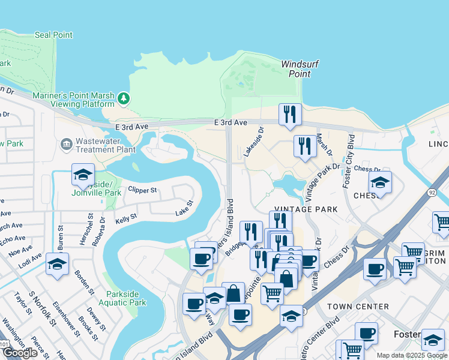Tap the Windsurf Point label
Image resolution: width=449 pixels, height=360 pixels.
point(296,68)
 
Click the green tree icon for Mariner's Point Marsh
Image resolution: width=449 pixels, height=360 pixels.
point(124,97)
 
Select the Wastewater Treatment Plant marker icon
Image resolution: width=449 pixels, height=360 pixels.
point(66,144)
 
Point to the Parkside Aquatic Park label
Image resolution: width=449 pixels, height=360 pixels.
point(126,298)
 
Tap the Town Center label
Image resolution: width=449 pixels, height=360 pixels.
point(358,307)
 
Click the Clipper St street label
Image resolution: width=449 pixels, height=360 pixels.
point(142,190)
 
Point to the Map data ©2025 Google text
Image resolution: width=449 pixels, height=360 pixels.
point(412,355)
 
